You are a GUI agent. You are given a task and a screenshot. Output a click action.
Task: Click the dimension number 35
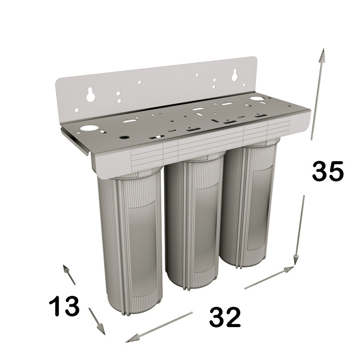click(x=328, y=171)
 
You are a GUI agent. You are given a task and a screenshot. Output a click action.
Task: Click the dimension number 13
click(x=64, y=306)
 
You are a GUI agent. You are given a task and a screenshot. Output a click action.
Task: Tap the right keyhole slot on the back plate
click(x=234, y=75)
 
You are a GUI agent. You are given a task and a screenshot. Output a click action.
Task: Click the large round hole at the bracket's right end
click(x=256, y=99)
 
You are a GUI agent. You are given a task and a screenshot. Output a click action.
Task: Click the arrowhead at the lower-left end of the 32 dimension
click(x=133, y=338)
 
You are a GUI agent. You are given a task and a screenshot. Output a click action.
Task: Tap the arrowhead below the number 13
click(x=101, y=329)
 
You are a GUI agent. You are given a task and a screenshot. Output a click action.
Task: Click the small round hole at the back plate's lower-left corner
click(x=77, y=111)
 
